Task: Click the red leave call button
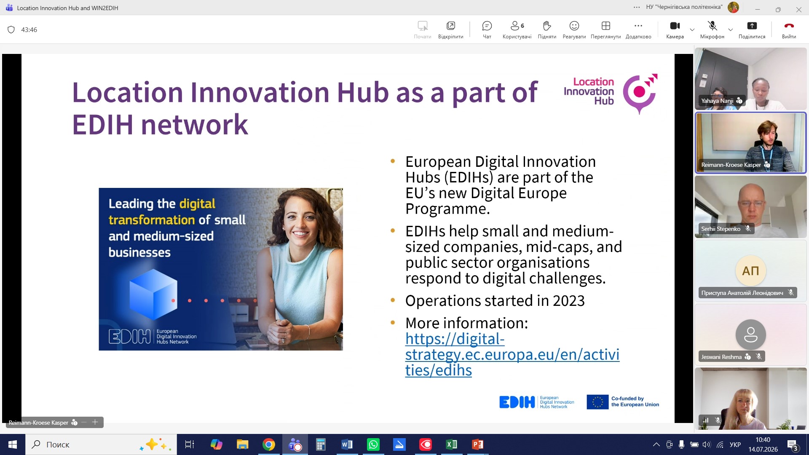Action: (x=789, y=26)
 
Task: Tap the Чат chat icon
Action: (x=487, y=26)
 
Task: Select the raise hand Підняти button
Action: (x=547, y=26)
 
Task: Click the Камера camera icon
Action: (x=675, y=26)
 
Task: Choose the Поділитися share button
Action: (x=752, y=26)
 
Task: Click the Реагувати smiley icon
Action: (x=574, y=26)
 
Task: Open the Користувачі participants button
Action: (x=517, y=26)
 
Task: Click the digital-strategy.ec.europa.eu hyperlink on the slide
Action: (x=512, y=354)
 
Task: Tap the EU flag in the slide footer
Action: (x=597, y=402)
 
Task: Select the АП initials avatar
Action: (x=750, y=271)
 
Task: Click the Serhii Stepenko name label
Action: (x=721, y=229)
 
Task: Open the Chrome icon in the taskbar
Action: (x=268, y=444)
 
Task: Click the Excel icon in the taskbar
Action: (x=451, y=444)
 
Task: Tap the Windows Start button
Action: (x=13, y=444)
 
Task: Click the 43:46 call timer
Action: (x=29, y=30)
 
